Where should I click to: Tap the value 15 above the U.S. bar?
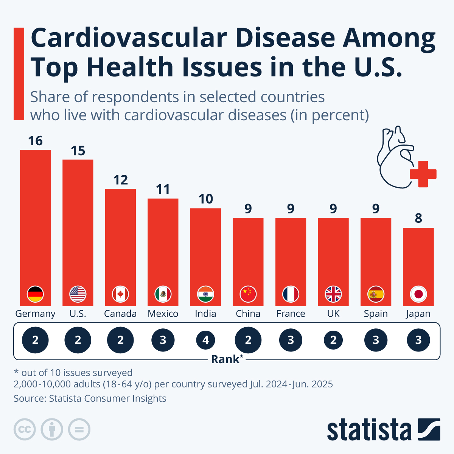coord(78,151)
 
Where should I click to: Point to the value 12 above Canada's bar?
coord(120,180)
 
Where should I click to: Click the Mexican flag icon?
coord(163,294)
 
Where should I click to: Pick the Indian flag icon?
coord(205,294)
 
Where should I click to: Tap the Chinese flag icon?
coord(248,294)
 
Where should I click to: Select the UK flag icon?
coord(333,294)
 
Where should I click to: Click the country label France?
coord(291,314)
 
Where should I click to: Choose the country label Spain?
coord(376,314)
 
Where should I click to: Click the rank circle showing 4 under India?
coord(205,340)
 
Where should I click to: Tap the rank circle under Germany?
coord(35,340)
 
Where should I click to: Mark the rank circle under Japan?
coord(418,340)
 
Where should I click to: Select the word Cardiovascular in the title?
coord(129,39)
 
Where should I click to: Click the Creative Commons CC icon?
coord(25,429)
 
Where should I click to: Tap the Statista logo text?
coord(369,430)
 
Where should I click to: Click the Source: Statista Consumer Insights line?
coord(90,398)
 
